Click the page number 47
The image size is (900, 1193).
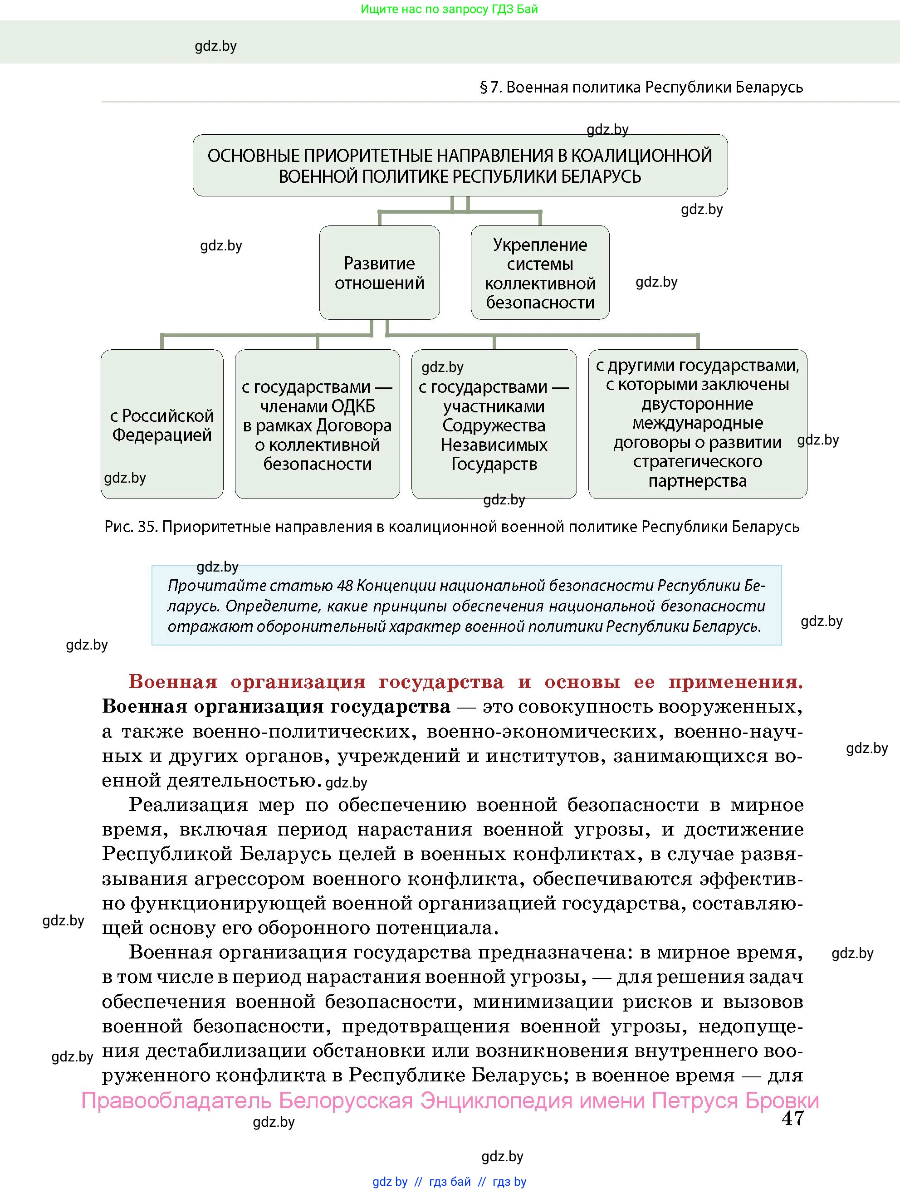pos(792,1118)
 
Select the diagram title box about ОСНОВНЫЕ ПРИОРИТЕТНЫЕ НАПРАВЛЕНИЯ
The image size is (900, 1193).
pos(460,166)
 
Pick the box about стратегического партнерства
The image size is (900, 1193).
pos(697,424)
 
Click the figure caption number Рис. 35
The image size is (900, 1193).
pos(131,527)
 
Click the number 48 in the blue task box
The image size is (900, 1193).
pos(345,586)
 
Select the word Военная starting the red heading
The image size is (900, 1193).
pos(172,682)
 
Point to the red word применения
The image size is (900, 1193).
pos(735,682)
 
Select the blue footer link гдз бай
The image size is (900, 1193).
pos(450,1182)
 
